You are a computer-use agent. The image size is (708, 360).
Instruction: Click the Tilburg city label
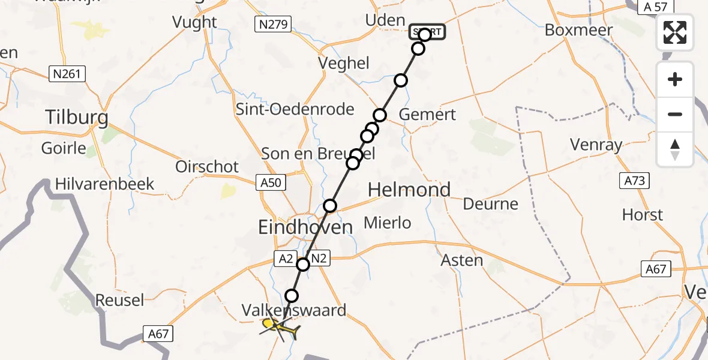(x=77, y=117)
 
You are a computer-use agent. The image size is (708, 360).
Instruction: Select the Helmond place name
(x=409, y=190)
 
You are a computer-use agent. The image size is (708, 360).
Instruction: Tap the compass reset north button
(x=675, y=149)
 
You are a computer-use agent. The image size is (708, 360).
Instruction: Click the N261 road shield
(x=67, y=74)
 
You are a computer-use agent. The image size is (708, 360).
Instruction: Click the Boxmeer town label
(x=579, y=30)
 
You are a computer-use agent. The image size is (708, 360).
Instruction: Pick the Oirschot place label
(x=207, y=166)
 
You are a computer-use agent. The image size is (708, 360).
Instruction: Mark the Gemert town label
(x=428, y=114)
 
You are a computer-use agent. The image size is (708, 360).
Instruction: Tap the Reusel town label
(x=121, y=300)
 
